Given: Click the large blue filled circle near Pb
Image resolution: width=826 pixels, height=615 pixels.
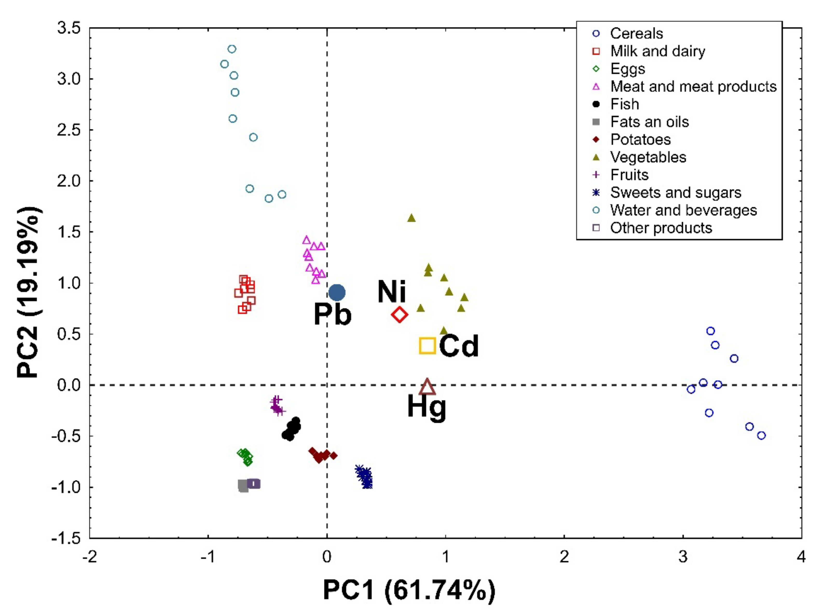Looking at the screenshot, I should [x=337, y=293].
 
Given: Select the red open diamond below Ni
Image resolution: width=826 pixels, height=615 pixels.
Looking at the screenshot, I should [x=400, y=315].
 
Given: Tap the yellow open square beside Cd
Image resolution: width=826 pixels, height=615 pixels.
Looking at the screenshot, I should [x=427, y=345].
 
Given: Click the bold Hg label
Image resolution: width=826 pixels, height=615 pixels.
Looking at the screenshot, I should [x=426, y=407].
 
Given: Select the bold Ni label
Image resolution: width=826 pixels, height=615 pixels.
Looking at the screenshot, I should [x=392, y=291].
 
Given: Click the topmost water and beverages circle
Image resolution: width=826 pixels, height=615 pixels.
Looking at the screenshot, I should [x=232, y=49].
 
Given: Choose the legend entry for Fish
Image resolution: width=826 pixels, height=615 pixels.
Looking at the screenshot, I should [x=624, y=104].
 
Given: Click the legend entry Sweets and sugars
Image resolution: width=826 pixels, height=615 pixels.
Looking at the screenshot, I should [x=675, y=193].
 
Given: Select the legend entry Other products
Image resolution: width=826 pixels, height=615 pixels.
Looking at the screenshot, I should [x=660, y=228].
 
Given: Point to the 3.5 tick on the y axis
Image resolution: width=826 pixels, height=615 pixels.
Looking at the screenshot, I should [x=69, y=28].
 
